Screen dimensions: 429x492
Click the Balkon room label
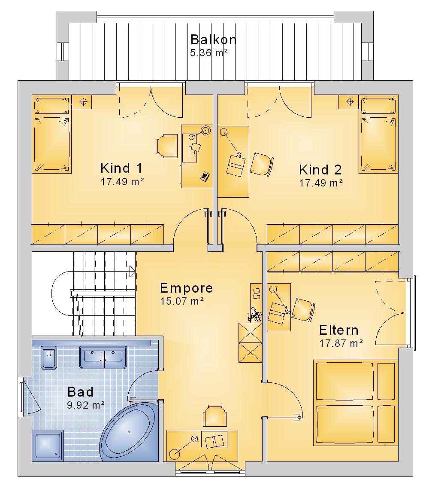click(213, 40)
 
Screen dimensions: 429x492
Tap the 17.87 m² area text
click(341, 343)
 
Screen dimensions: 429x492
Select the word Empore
click(187, 288)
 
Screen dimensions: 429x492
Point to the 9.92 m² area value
click(85, 405)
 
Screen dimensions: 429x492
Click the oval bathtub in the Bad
click(130, 432)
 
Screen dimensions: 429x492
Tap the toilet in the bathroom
click(48, 358)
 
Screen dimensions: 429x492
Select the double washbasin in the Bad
click(103, 358)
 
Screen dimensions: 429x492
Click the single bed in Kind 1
click(52, 134)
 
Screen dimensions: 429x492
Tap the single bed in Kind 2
click(378, 134)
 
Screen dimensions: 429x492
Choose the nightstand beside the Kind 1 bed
click(82, 102)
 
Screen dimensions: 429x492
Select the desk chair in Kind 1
click(167, 146)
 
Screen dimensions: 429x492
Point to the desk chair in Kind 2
click(262, 164)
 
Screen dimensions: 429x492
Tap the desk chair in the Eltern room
click(303, 310)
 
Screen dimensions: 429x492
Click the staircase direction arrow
click(132, 271)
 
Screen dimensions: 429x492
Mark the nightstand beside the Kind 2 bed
click(348, 102)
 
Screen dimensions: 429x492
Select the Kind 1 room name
click(121, 168)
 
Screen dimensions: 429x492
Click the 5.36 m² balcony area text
click(208, 53)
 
